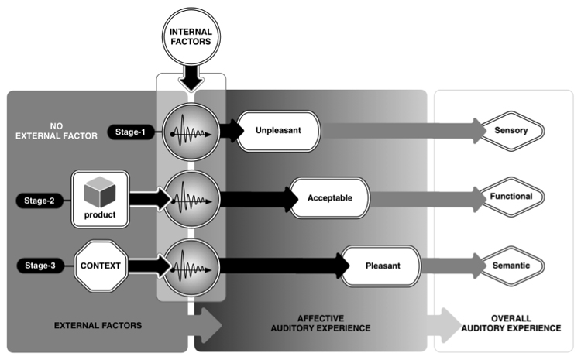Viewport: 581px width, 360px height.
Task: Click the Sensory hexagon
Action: point(511,131)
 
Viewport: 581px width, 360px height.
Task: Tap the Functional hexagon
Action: point(511,197)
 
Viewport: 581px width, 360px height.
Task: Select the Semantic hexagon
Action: point(511,266)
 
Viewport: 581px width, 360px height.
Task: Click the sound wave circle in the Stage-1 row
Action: point(191,131)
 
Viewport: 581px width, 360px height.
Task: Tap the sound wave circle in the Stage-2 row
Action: point(191,198)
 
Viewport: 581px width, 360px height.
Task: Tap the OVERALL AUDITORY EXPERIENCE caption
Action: point(514,324)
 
